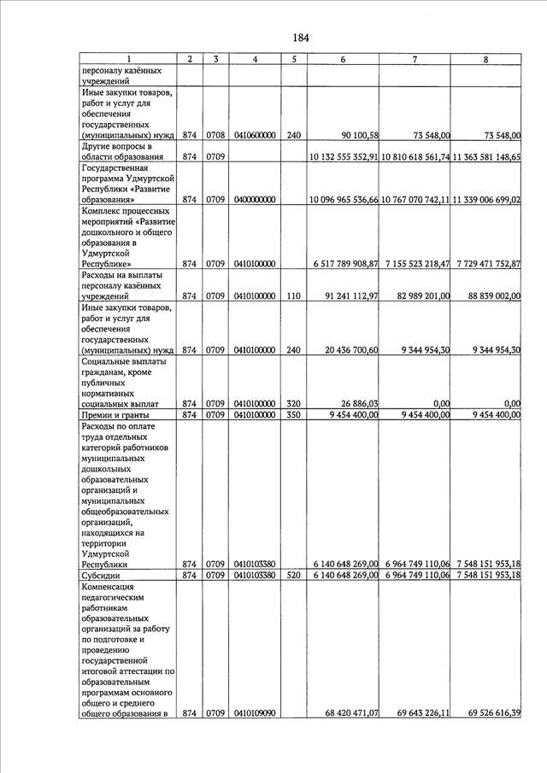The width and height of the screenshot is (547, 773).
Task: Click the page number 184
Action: pos(300,38)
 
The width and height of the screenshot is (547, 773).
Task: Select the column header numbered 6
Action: pos(343,59)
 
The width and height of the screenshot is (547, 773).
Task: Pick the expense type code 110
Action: pos(293,296)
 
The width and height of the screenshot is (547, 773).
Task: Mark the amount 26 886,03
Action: pos(360,403)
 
